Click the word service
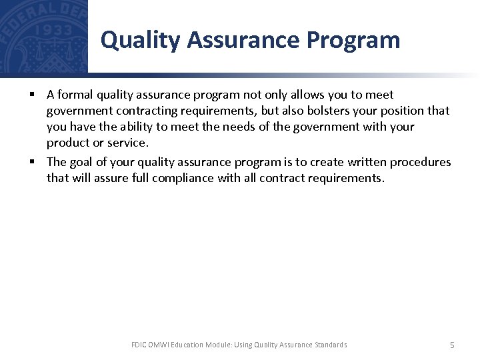coord(128,143)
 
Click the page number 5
coord(452,345)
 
